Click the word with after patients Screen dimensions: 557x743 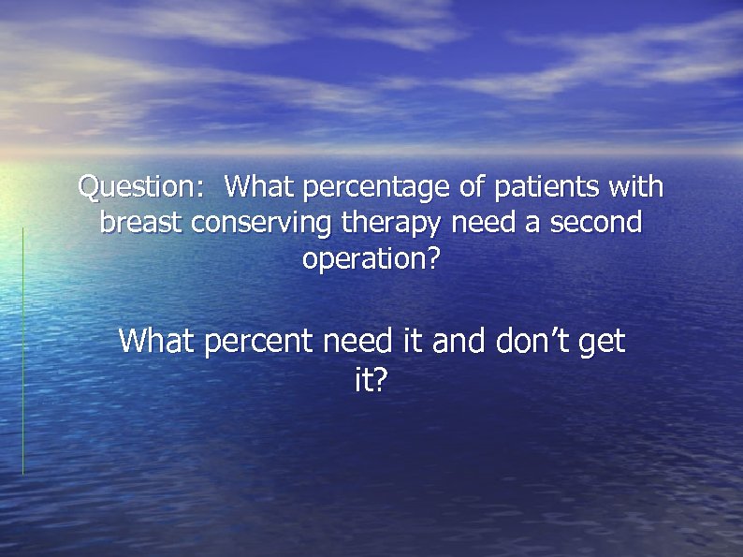click(x=635, y=187)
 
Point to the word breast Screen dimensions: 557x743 click(x=141, y=223)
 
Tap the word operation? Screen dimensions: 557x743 click(x=371, y=259)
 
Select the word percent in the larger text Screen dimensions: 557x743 click(x=259, y=342)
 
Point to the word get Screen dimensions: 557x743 click(x=602, y=343)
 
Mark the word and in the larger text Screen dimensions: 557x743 click(x=459, y=341)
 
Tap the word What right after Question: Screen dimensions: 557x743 click(x=258, y=187)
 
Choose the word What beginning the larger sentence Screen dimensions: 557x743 click(x=157, y=341)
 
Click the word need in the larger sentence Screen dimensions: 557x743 click(x=360, y=341)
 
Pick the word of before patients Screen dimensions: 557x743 click(x=473, y=187)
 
